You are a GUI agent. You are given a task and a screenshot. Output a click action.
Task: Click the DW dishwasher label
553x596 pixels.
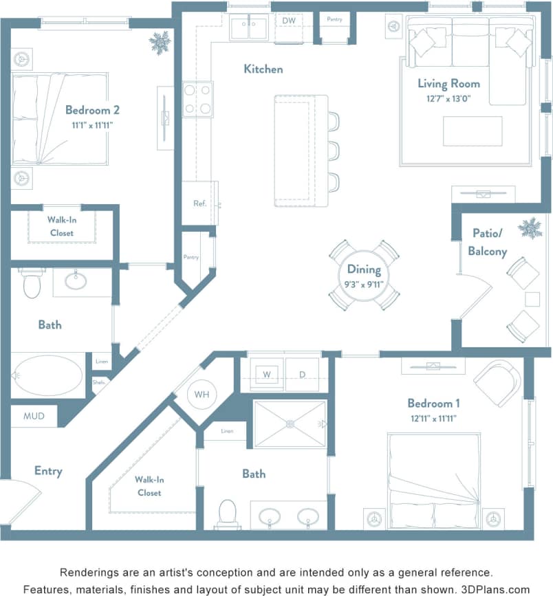click(288, 21)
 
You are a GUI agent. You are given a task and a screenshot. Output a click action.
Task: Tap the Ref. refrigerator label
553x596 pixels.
click(199, 203)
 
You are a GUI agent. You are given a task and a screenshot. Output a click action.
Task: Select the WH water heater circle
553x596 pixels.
click(202, 395)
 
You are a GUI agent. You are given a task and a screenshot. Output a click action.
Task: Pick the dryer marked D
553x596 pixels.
click(303, 375)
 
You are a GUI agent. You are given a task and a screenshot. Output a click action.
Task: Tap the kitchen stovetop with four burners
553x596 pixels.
click(198, 99)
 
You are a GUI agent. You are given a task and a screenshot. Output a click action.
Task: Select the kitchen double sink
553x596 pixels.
click(248, 28)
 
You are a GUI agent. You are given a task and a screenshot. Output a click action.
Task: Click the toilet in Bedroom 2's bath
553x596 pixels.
click(32, 283)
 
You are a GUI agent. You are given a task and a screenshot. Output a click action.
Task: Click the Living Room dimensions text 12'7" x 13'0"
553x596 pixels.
click(448, 98)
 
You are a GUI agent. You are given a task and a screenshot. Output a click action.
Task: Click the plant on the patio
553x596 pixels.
click(530, 228)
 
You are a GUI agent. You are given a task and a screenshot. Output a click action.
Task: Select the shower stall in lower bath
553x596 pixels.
click(290, 424)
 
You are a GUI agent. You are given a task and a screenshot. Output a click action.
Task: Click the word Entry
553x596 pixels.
click(48, 471)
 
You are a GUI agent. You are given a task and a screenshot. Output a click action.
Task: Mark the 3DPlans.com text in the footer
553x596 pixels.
click(495, 589)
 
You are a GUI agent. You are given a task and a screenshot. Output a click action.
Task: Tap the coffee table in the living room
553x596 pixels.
click(472, 131)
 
